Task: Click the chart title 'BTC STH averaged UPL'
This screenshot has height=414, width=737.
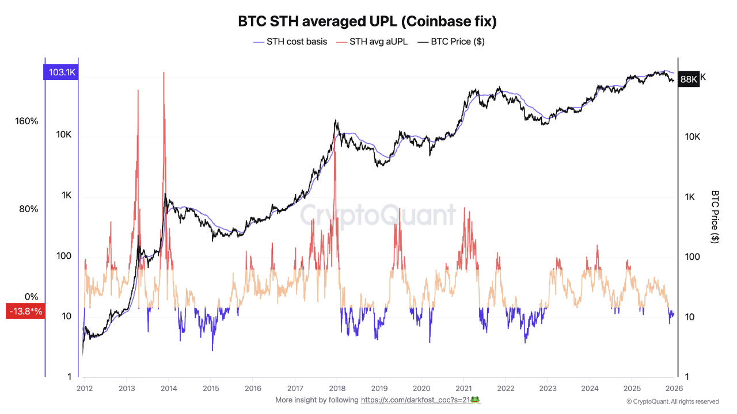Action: pyautogui.click(x=367, y=21)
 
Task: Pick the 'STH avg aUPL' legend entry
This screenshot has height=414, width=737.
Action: pyautogui.click(x=371, y=41)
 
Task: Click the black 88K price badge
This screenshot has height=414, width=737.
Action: pyautogui.click(x=688, y=79)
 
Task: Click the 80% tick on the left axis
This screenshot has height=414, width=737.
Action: pyautogui.click(x=29, y=209)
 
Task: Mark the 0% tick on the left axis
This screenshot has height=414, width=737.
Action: pyautogui.click(x=31, y=297)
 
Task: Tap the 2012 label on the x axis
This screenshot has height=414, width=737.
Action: pyautogui.click(x=85, y=388)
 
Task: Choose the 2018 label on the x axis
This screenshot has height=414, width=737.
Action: pyautogui.click(x=337, y=388)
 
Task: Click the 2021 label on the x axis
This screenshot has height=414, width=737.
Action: pyautogui.click(x=464, y=388)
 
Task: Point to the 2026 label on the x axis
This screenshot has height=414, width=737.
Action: pyautogui.click(x=674, y=388)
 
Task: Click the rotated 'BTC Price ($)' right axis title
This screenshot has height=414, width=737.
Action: pyautogui.click(x=715, y=217)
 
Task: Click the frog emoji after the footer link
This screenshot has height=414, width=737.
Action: pyautogui.click(x=476, y=399)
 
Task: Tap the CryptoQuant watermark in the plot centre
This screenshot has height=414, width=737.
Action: pyautogui.click(x=378, y=216)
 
